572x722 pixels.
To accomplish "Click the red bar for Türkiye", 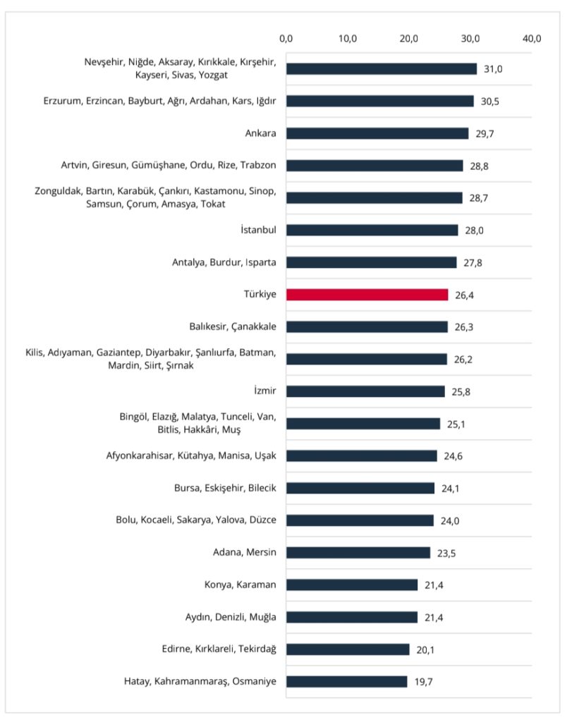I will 367,295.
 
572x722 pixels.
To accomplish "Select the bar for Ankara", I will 377,133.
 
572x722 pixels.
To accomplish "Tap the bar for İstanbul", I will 372,230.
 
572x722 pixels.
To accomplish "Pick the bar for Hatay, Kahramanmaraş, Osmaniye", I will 346,682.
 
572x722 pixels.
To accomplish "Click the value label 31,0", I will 494,69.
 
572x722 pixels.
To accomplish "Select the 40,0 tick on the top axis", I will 531,38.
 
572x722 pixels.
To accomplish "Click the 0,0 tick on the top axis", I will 286,38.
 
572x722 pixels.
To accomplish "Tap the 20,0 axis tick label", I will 409,38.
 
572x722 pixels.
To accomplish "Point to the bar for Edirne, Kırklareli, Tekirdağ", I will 348,649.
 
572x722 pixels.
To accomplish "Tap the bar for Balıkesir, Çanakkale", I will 367,327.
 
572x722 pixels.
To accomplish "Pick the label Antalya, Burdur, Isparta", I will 224,262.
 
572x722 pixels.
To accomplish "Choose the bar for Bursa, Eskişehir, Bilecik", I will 360,488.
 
